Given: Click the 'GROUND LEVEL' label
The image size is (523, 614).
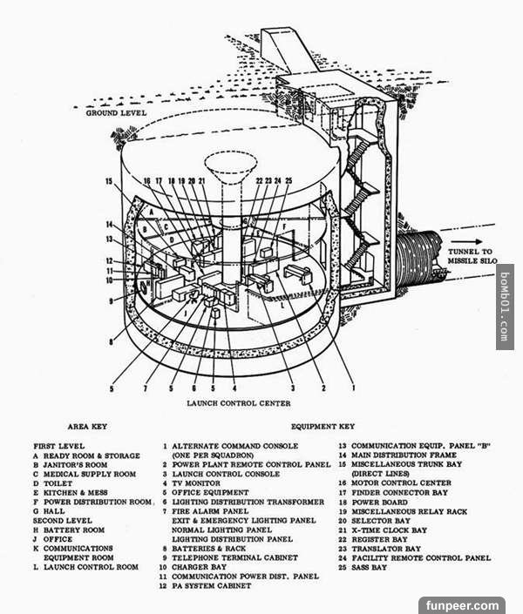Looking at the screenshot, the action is click(x=116, y=112).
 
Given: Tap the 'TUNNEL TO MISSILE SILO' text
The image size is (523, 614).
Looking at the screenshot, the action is click(x=472, y=256).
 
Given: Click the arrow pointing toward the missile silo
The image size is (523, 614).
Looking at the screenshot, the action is click(x=466, y=241).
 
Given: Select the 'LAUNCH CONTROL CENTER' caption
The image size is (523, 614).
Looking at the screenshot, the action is click(x=239, y=403).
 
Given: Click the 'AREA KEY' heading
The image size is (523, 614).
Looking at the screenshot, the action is click(x=87, y=427).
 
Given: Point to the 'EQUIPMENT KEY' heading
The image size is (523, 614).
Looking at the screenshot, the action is click(x=323, y=427).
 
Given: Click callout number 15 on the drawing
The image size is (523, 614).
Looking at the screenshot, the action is click(x=109, y=181).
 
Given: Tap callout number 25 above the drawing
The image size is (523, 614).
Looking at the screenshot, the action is click(x=289, y=180).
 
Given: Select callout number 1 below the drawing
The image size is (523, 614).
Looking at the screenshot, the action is click(x=354, y=388).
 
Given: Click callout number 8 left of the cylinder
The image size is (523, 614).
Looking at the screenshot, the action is click(x=111, y=342).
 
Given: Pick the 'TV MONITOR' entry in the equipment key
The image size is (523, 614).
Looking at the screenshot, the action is click(x=196, y=483).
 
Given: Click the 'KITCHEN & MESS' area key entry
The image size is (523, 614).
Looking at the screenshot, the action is click(x=75, y=493).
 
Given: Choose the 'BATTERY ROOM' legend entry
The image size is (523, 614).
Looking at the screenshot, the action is click(x=74, y=530).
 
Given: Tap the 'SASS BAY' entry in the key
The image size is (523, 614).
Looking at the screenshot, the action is click(x=370, y=567).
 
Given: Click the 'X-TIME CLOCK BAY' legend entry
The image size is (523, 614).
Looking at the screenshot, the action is click(x=390, y=530).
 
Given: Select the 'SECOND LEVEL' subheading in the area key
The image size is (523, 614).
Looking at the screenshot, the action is click(x=63, y=521).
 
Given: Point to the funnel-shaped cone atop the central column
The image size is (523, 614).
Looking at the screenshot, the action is click(x=231, y=166).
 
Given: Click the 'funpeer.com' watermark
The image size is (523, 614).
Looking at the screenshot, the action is click(x=462, y=605).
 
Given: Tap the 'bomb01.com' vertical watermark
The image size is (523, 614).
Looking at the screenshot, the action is click(x=505, y=307).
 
